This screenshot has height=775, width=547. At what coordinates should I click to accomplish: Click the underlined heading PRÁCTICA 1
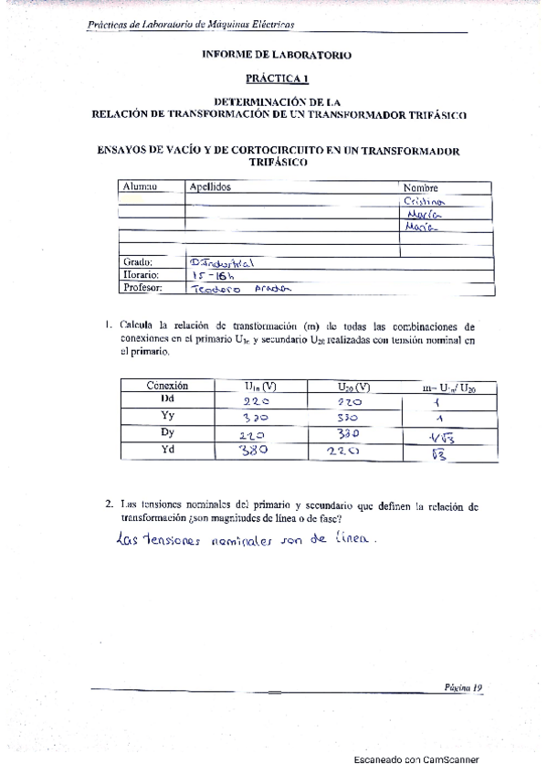276,79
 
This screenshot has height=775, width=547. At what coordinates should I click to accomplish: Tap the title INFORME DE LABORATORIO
277,55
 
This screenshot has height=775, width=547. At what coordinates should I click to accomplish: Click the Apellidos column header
209,187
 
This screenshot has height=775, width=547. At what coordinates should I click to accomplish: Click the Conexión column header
167,385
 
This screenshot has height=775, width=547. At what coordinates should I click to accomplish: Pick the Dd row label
167,399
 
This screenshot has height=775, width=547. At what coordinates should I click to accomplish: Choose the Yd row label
167,448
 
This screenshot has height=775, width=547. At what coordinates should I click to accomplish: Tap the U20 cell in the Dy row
352,432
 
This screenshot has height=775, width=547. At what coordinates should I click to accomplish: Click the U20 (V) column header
352,387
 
